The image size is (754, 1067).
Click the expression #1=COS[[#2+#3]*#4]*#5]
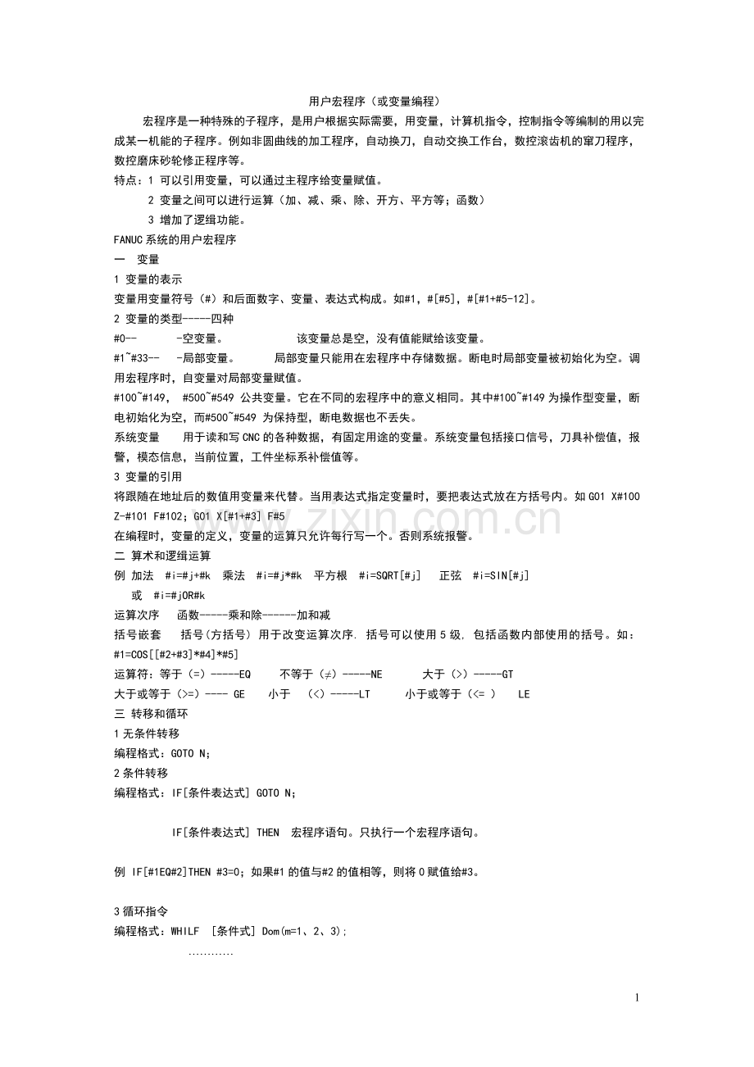coord(175,654)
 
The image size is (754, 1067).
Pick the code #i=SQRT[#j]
coord(390,575)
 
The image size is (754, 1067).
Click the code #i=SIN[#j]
coord(501,575)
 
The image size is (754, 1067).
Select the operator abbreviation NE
coord(376,674)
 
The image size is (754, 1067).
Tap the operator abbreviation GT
coord(506,674)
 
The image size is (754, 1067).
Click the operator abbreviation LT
coord(364,694)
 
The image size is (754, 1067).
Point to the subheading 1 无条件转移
coord(146,733)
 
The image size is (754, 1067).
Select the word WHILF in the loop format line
coord(184,932)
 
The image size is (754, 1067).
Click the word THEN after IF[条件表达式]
coord(268,833)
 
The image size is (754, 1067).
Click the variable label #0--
coord(125,338)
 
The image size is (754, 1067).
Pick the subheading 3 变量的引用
coord(148,477)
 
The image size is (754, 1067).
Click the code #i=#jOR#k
coord(179,595)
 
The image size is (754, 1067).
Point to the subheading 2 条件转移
coord(141,773)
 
